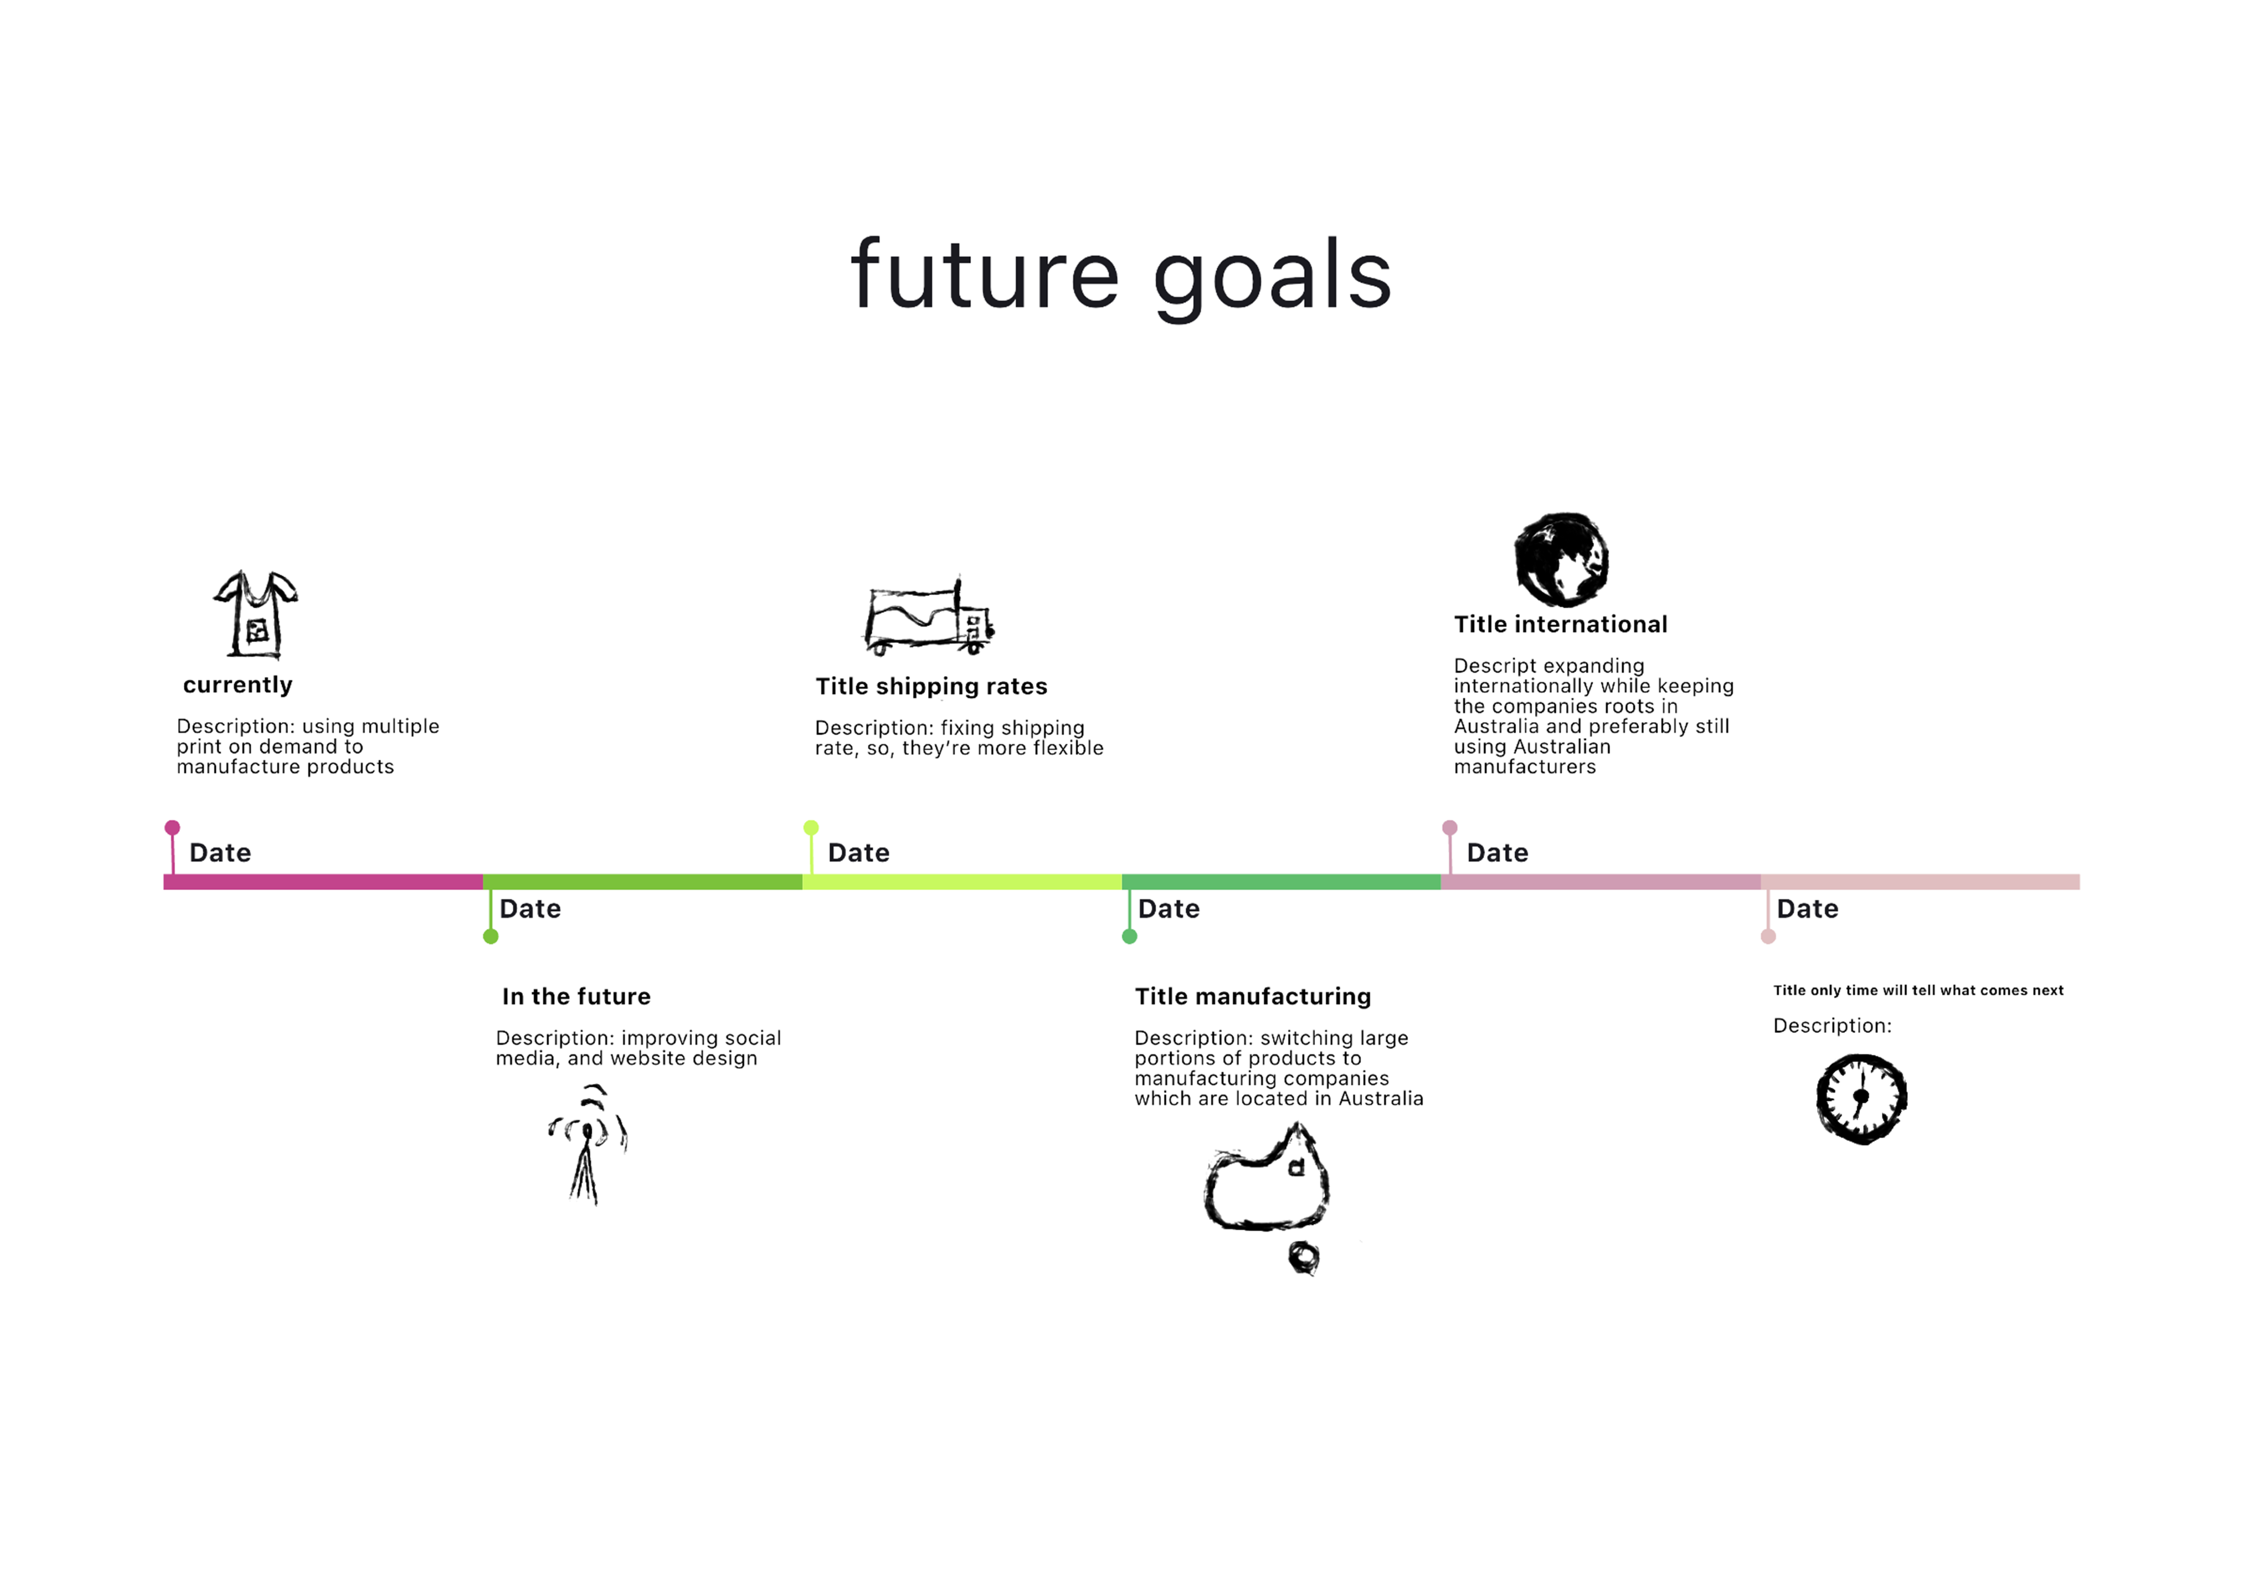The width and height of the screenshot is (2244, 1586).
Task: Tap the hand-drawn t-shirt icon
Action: coord(256,615)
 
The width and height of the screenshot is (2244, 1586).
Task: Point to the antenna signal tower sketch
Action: coord(587,1143)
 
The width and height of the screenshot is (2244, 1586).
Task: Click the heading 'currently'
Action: coord(237,685)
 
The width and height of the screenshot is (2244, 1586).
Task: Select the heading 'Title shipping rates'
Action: coord(932,686)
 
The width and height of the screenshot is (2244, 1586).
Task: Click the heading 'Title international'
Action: coord(1561,625)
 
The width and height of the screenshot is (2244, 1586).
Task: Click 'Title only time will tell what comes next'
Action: coord(1919,990)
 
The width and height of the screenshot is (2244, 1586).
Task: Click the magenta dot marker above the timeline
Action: coord(172,828)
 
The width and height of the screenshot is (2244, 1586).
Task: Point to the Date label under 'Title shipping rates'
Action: coord(858,853)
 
